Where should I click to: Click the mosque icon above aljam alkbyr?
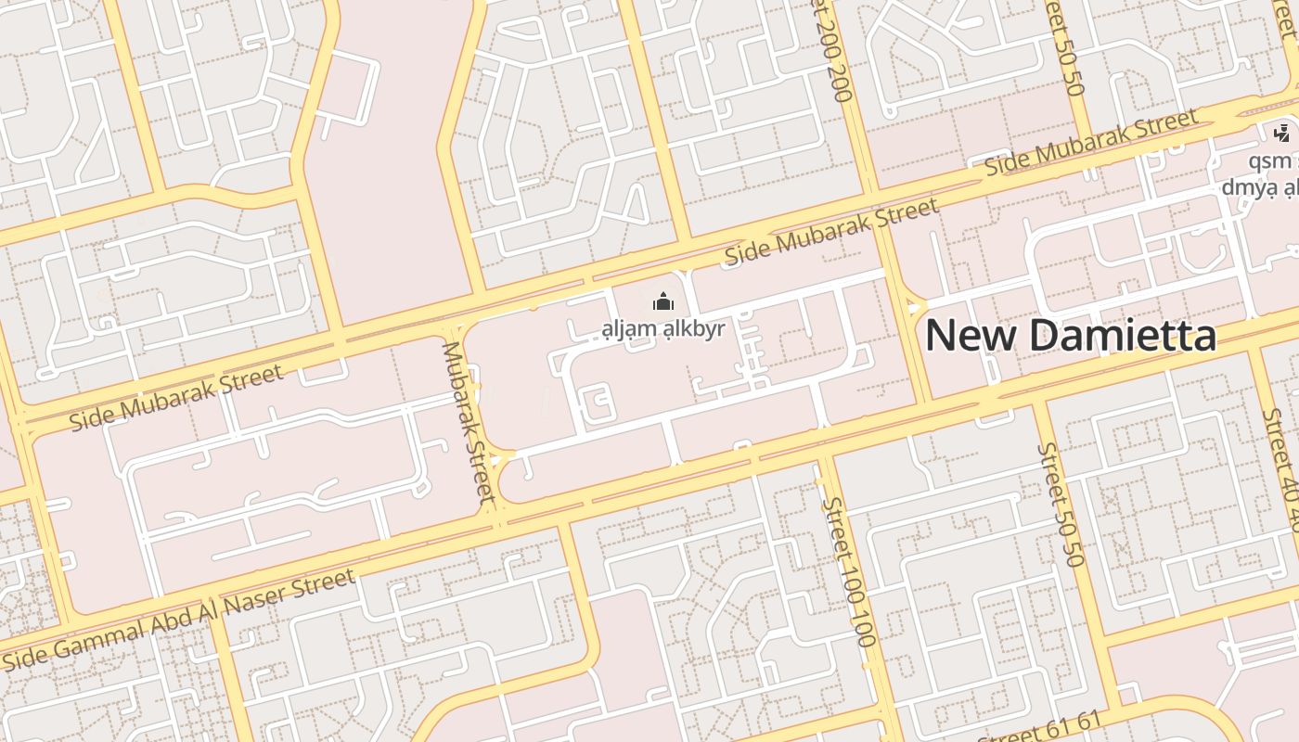click(x=662, y=302)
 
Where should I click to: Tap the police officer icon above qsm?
click(x=1282, y=134)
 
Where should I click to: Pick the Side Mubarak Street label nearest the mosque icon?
click(x=831, y=232)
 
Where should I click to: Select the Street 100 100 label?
click(x=849, y=572)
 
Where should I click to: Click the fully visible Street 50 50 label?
click(x=1061, y=504)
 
